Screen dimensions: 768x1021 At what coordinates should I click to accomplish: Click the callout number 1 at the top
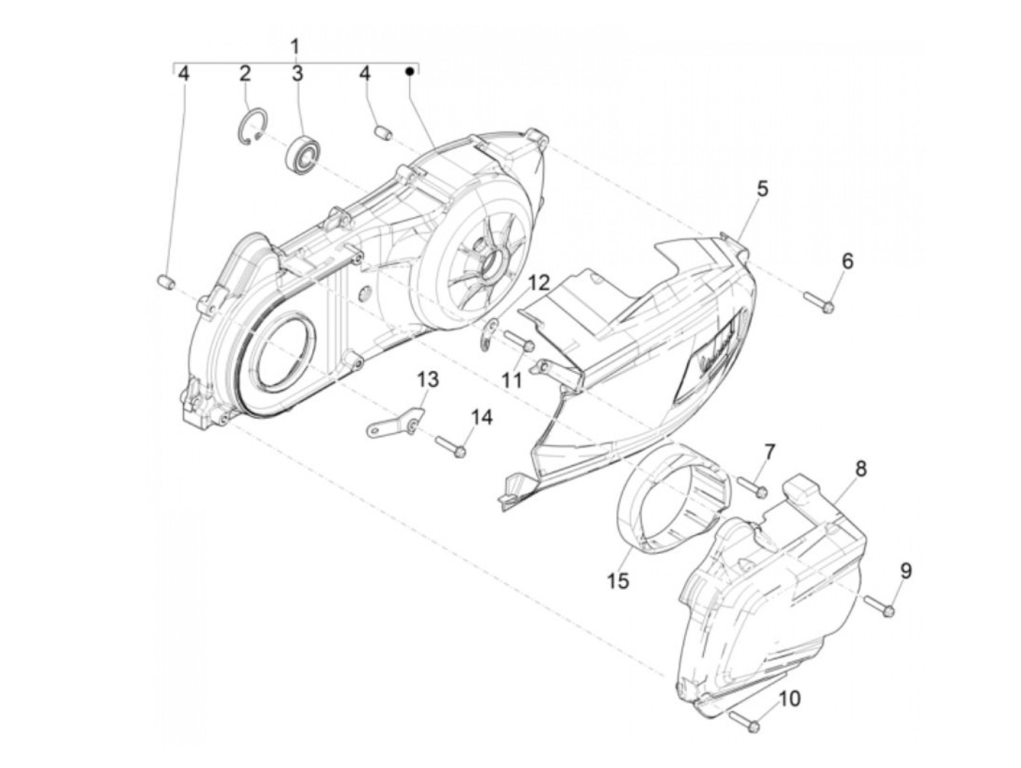(295, 47)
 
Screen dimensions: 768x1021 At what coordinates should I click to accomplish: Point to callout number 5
(762, 189)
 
